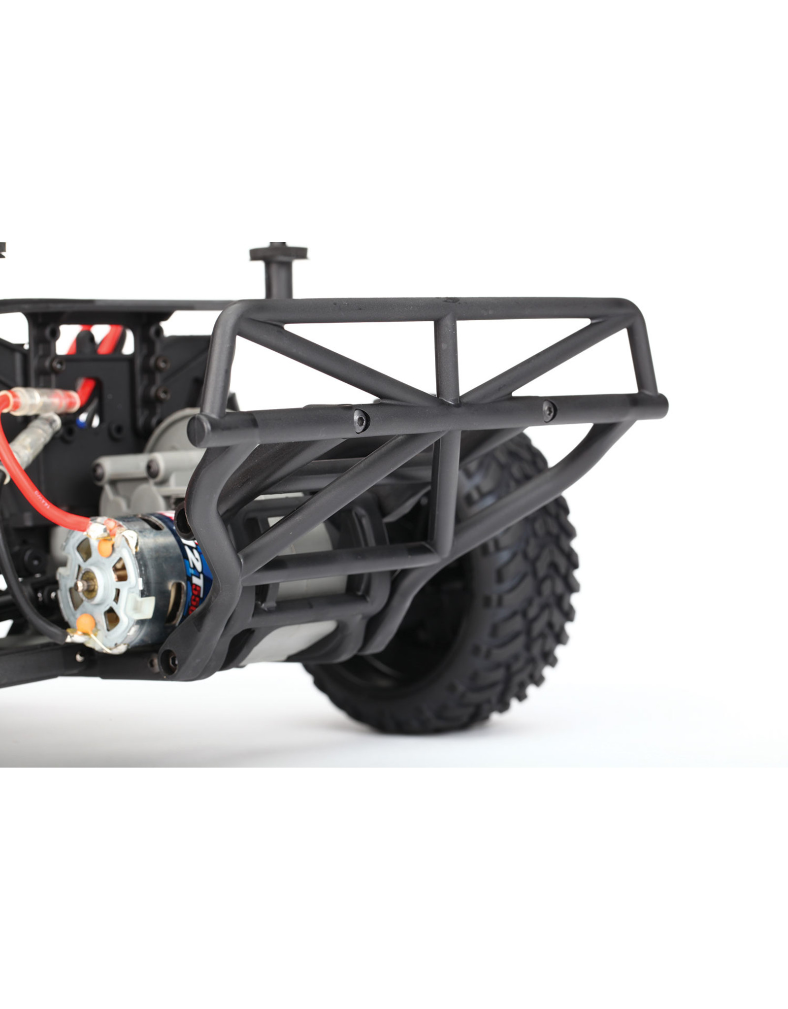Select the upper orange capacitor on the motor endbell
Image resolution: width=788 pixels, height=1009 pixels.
[x=104, y=546]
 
